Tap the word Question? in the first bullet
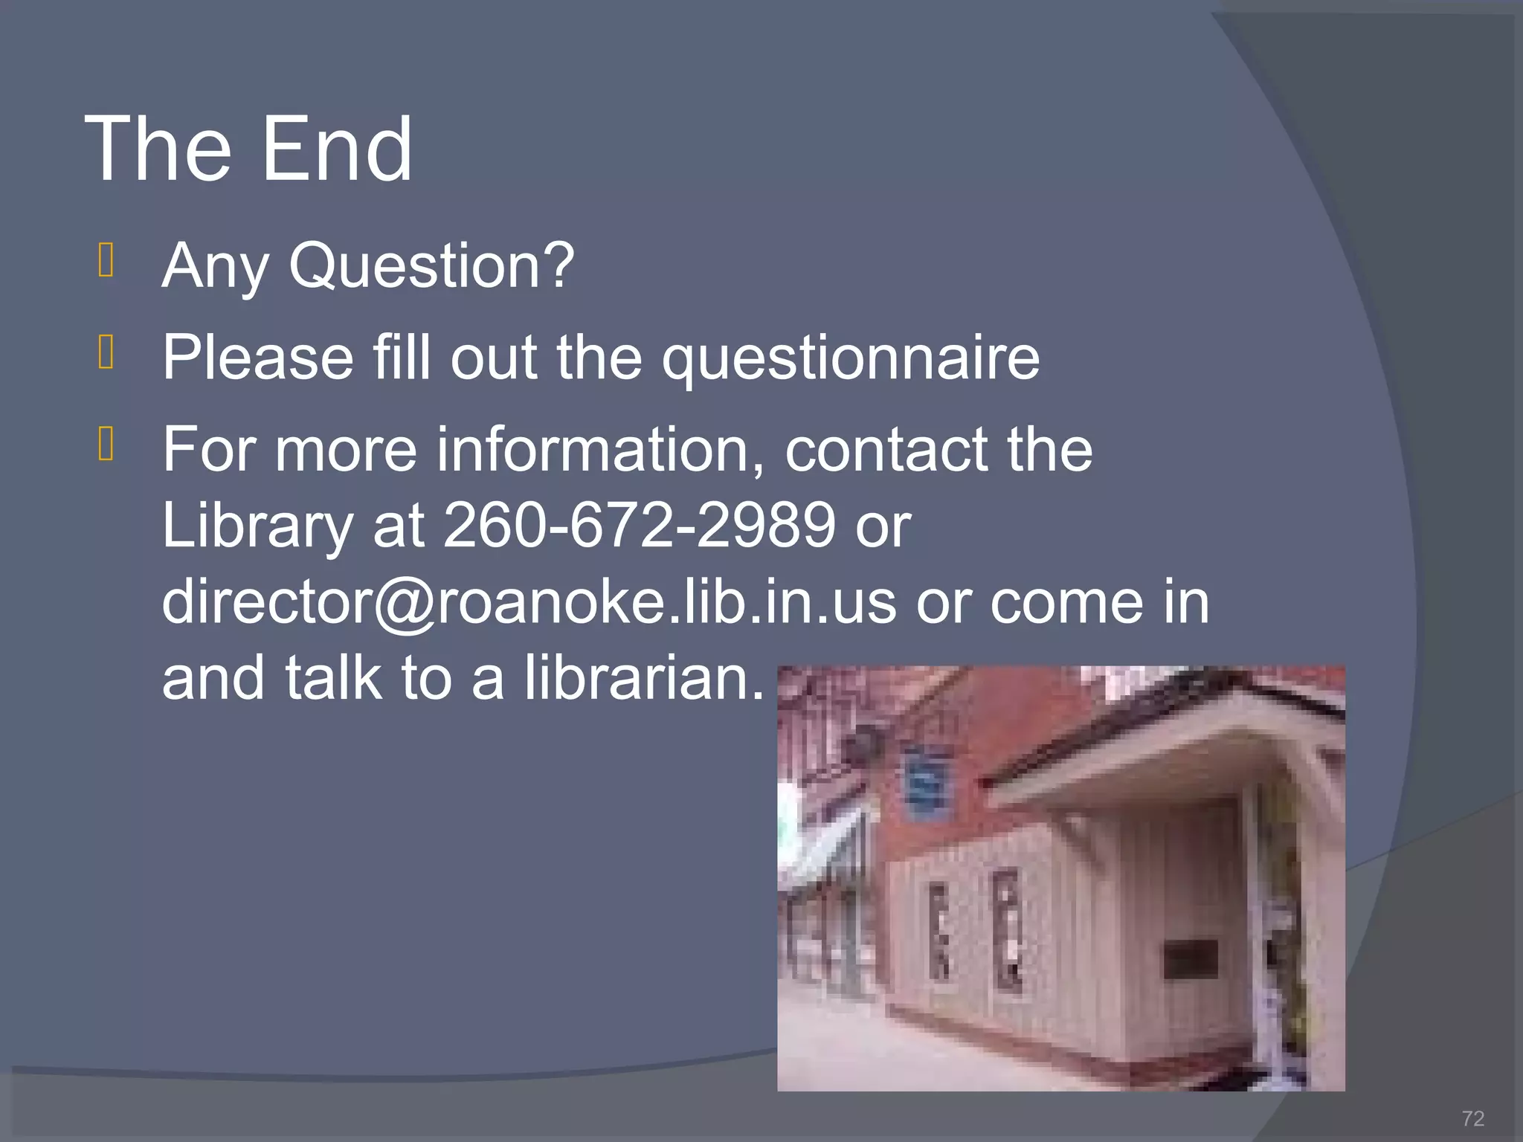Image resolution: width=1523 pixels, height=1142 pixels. [x=431, y=265]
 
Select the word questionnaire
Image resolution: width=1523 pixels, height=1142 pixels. [x=851, y=358]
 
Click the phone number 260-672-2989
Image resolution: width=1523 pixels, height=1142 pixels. [x=640, y=525]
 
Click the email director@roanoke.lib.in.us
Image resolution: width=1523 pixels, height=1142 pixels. [x=529, y=601]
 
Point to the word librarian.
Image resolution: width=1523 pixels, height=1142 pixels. [x=644, y=677]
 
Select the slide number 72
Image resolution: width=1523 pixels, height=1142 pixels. [x=1472, y=1118]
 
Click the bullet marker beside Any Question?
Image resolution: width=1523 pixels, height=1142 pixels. [x=106, y=260]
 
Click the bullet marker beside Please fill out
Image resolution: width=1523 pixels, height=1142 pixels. [x=106, y=352]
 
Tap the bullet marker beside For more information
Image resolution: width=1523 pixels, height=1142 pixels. [x=106, y=443]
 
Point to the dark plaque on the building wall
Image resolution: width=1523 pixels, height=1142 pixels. [x=1190, y=959]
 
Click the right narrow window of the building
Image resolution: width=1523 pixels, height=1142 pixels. [x=1008, y=929]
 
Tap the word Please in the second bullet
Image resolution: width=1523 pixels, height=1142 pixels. [x=257, y=358]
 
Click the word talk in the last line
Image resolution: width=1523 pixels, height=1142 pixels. [x=332, y=677]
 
